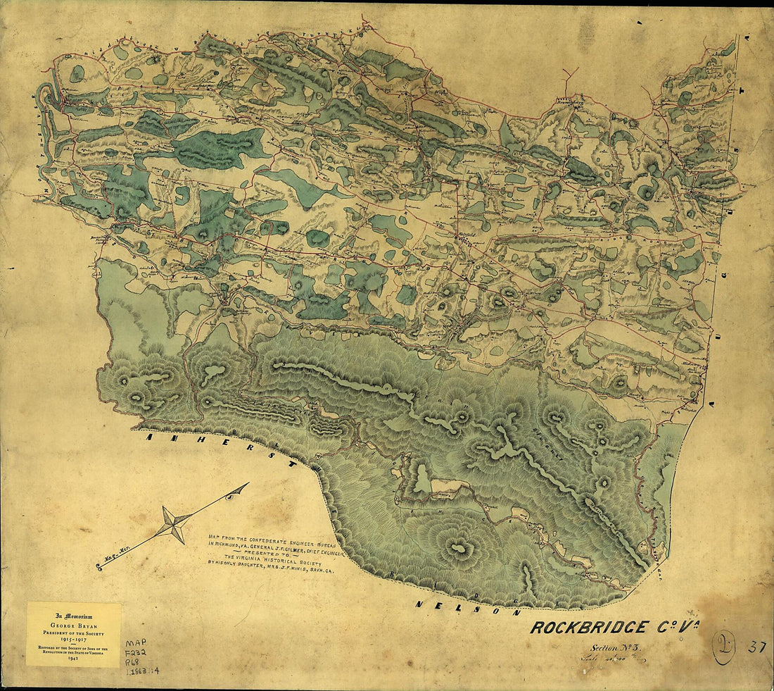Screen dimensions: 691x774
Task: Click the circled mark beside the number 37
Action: [722, 648]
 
